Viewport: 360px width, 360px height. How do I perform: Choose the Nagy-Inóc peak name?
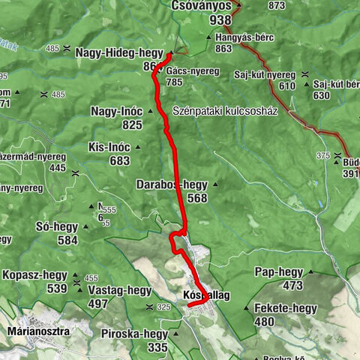pos(116,111)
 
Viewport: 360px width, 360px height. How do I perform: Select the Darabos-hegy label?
pos(172,184)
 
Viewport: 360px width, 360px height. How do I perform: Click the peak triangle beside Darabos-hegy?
pos(216,184)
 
